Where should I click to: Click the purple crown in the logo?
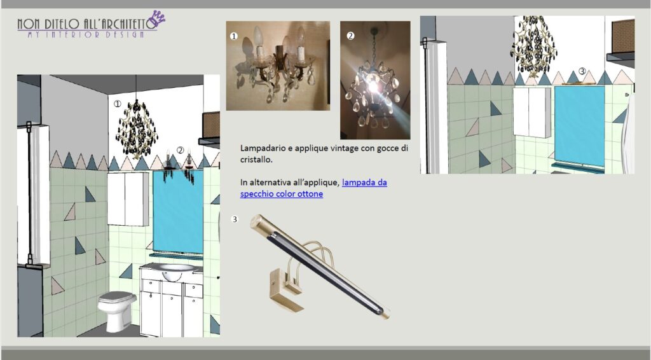pos(158,18)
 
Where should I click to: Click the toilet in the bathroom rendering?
pos(117,311)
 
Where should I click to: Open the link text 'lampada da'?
pos(364,183)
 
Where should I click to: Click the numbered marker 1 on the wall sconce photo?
pos(234,36)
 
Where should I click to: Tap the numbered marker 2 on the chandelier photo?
pos(350,36)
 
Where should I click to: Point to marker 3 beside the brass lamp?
pos(235,219)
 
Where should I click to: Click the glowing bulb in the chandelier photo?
pos(373,86)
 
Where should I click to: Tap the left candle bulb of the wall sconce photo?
pos(258,38)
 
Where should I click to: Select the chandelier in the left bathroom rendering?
pos(137,128)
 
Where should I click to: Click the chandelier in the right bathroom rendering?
pos(533,47)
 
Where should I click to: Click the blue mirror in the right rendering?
pos(580,125)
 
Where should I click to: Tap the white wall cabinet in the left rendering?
pos(128,199)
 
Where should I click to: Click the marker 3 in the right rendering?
pos(582,71)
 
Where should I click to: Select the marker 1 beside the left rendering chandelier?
pos(118,104)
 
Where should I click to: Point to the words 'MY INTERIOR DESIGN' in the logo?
pos(86,34)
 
